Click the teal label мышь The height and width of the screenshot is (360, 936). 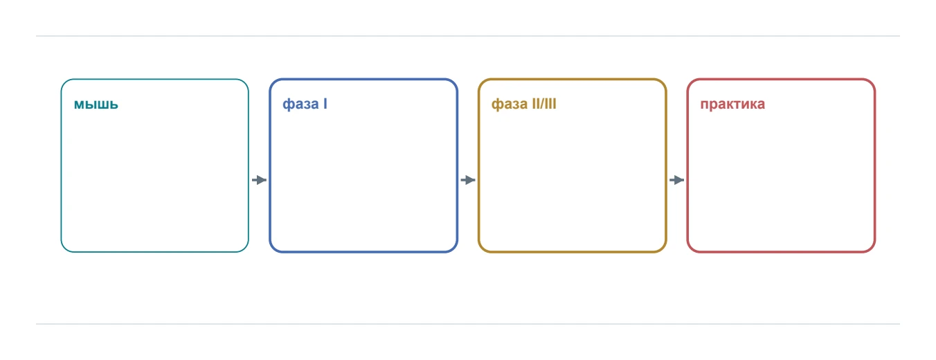tap(96, 104)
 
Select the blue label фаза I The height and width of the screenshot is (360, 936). tap(305, 104)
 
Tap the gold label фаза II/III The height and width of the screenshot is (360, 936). tap(523, 104)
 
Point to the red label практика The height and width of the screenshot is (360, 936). tap(732, 104)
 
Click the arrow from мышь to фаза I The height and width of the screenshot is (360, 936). tap(259, 180)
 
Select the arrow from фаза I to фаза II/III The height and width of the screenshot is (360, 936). tap(468, 180)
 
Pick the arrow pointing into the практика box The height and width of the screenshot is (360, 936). tap(677, 180)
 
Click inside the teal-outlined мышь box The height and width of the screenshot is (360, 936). tap(154, 175)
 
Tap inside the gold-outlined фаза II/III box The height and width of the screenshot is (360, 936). tap(573, 175)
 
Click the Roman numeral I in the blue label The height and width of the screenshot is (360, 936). tap(325, 104)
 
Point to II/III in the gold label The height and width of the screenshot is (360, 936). tap(544, 104)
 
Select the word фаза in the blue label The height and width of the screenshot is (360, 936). tap(300, 104)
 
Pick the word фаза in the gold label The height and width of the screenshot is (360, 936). tap(510, 104)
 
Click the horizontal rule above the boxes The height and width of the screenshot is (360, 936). tap(468, 36)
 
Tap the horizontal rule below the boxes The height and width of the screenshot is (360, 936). tap(468, 324)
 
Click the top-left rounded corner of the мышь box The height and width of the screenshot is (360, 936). tap(65, 83)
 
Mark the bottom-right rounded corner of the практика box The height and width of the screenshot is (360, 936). tap(871, 249)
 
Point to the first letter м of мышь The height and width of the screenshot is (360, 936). tap(80, 105)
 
